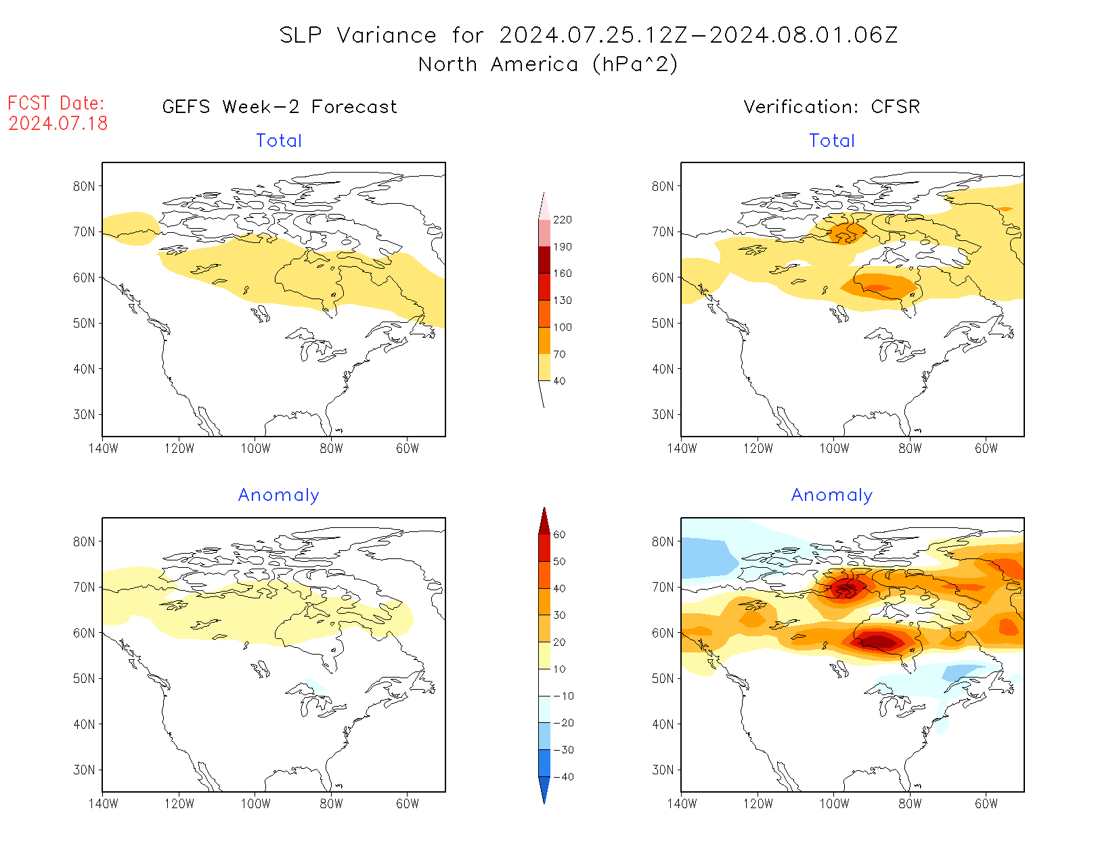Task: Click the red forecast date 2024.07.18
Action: pos(58,123)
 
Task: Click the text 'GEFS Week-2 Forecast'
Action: pos(280,107)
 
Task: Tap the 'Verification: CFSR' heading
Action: pos(831,107)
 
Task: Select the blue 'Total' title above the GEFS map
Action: pos(279,141)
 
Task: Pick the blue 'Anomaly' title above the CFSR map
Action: pos(831,495)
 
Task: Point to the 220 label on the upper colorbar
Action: pos(562,220)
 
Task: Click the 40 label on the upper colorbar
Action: pos(559,381)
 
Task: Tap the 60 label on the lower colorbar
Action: pos(559,535)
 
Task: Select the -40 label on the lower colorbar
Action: pos(563,777)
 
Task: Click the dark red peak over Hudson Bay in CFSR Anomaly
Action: pos(878,640)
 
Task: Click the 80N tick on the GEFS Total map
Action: pos(84,186)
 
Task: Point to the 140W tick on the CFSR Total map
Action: pos(682,448)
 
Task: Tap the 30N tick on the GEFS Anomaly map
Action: pos(84,770)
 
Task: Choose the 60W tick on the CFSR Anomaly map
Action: pos(986,803)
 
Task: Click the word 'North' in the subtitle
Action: pos(447,64)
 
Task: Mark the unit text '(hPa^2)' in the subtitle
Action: pos(634,64)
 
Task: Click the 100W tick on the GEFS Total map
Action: pos(255,448)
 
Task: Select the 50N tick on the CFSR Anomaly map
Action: pos(663,678)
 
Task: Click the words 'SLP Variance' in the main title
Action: pos(358,35)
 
